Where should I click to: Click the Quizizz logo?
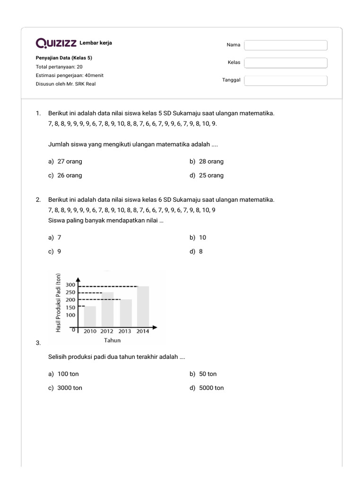click(x=56, y=43)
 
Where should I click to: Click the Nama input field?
click(x=285, y=45)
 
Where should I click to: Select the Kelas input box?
click(x=285, y=63)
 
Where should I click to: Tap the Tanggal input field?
click(x=285, y=80)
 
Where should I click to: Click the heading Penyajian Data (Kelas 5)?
click(x=64, y=58)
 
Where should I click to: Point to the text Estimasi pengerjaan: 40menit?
click(x=69, y=75)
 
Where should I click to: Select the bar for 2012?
click(x=107, y=309)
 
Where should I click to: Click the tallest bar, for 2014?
click(x=143, y=306)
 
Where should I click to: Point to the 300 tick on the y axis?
click(x=70, y=285)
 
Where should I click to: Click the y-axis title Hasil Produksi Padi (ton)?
click(x=59, y=302)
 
